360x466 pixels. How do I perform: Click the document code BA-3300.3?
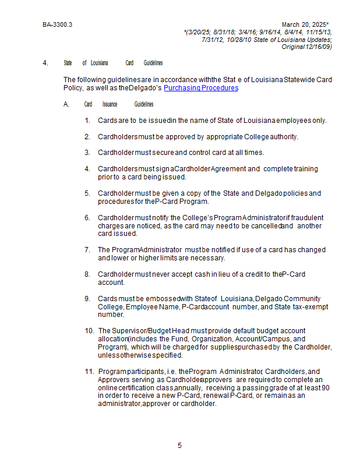[x=57, y=25]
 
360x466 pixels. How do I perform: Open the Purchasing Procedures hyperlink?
[x=201, y=88]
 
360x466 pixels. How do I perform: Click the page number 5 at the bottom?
[x=179, y=446]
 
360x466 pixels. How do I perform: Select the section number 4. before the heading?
[x=45, y=63]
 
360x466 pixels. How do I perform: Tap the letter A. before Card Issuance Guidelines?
[x=66, y=104]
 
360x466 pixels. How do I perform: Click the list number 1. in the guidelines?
[x=87, y=121]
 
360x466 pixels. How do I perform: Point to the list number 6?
[x=87, y=218]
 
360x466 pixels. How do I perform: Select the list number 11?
[x=89, y=372]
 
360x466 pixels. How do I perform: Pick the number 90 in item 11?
[x=326, y=387]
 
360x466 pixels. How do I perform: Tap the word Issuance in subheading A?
[x=110, y=104]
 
